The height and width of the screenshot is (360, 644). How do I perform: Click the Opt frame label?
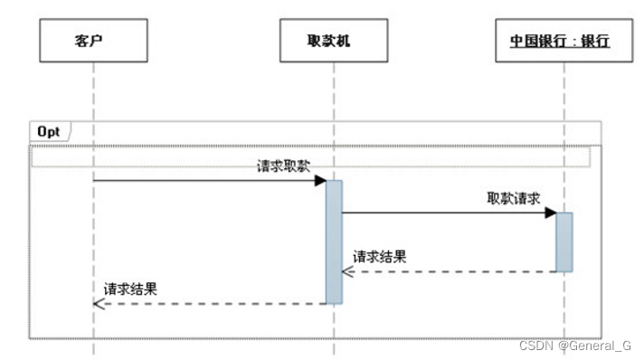pos(49,131)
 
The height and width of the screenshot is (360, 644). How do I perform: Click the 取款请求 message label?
pos(514,198)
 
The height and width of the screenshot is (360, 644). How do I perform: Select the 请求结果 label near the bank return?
pos(380,256)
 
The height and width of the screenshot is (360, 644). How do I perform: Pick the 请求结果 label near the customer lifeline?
pos(131,289)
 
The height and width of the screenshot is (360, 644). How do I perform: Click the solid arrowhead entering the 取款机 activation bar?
pos(320,181)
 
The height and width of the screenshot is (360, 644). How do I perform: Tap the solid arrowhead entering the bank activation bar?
pos(549,213)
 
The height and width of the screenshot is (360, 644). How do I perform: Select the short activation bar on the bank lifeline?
pos(563,242)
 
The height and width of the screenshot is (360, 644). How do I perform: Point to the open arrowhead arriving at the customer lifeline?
pos(99,303)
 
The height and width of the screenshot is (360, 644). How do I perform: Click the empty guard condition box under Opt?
pos(311,157)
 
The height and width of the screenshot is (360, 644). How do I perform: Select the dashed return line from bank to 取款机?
pos(452,271)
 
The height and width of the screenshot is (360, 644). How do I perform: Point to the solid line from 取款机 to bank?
pos(443,213)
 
